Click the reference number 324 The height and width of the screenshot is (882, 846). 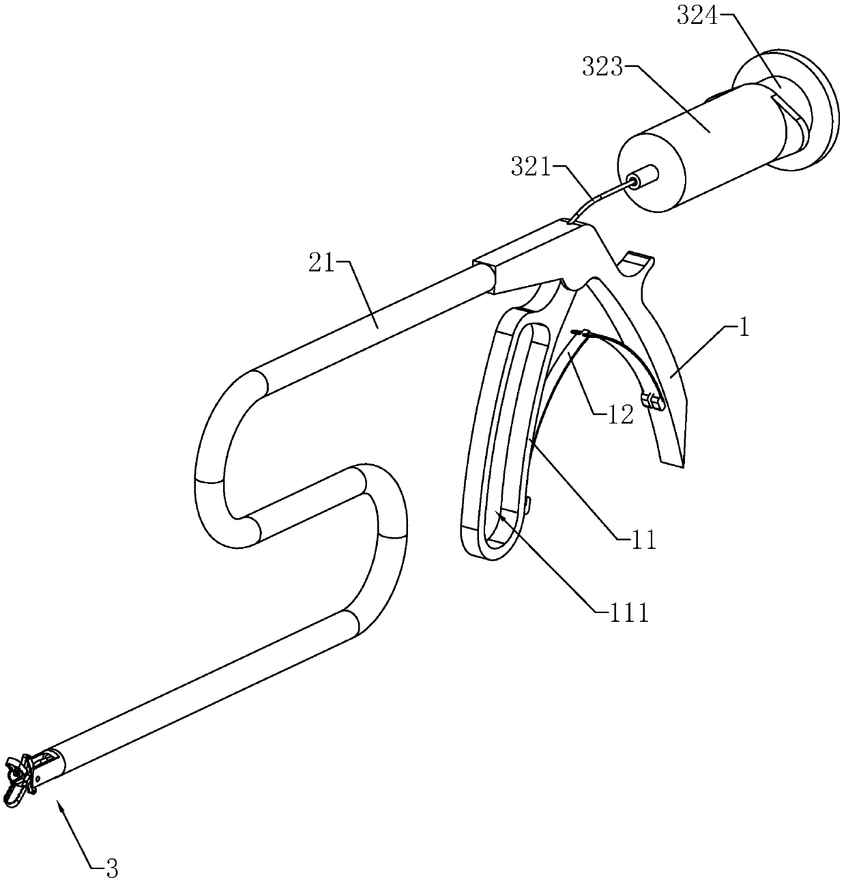point(697,16)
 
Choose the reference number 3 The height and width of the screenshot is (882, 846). point(112,868)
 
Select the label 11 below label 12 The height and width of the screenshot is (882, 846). point(643,540)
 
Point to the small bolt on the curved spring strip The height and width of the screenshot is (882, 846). point(652,401)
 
